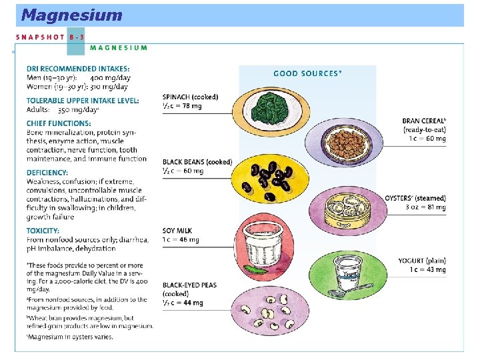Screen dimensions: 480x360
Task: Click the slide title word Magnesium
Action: click(x=71, y=15)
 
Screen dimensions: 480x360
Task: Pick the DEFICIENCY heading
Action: click(x=47, y=173)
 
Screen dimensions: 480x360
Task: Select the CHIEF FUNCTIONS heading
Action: click(x=59, y=123)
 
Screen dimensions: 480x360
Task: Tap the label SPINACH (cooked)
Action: click(x=190, y=97)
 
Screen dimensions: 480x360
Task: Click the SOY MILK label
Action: click(x=177, y=231)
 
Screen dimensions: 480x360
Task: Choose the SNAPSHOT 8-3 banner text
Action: click(x=49, y=37)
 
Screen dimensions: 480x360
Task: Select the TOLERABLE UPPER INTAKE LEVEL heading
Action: click(x=83, y=101)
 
